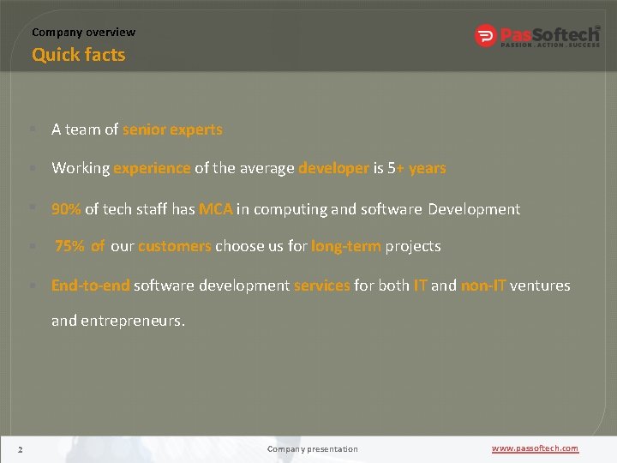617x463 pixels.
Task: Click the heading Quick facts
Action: [x=78, y=55]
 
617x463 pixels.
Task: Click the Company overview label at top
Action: [x=83, y=32]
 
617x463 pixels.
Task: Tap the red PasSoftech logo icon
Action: [x=486, y=36]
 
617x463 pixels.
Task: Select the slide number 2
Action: [x=20, y=448]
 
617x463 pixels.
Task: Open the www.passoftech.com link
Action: [x=535, y=448]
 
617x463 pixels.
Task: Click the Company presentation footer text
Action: [x=312, y=448]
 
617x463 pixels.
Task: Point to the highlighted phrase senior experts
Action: [x=172, y=129]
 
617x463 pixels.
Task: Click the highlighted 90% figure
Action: [x=66, y=208]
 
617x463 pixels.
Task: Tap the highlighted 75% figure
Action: [x=70, y=246]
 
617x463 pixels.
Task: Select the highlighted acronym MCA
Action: [x=216, y=208]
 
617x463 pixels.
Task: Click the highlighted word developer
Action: [x=333, y=168]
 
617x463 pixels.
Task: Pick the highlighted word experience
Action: [x=152, y=168]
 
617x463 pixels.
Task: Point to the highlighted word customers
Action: [x=175, y=246]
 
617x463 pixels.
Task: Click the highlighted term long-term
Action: [x=346, y=246]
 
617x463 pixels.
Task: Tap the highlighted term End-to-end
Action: [x=90, y=286]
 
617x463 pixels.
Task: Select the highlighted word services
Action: [x=322, y=286]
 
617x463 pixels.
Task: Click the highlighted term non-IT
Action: [x=483, y=286]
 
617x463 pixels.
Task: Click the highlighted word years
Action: [x=428, y=168]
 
